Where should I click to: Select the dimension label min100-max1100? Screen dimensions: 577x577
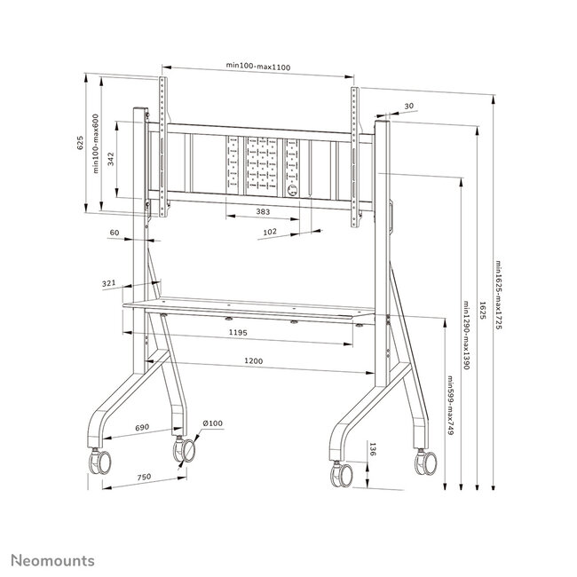pyautogui.click(x=259, y=67)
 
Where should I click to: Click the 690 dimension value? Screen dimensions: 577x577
pyautogui.click(x=140, y=428)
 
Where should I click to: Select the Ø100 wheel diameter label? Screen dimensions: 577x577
pyautogui.click(x=211, y=423)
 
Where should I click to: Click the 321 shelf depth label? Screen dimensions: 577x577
pyautogui.click(x=109, y=283)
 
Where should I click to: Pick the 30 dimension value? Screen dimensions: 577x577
pyautogui.click(x=408, y=107)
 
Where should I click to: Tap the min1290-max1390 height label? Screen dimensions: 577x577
pyautogui.click(x=466, y=336)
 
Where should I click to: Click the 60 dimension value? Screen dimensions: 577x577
pyautogui.click(x=114, y=233)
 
